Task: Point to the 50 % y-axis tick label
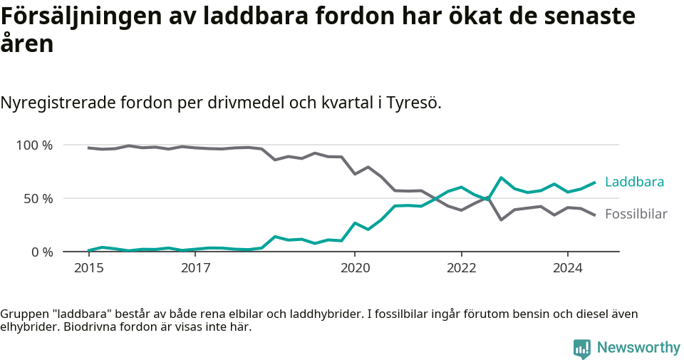click(x=38, y=198)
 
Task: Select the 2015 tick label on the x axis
click(x=88, y=268)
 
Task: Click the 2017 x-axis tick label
click(x=195, y=268)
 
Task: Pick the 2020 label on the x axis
click(x=355, y=268)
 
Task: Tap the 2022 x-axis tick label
click(x=461, y=268)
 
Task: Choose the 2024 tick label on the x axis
click(x=568, y=268)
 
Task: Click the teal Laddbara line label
click(x=634, y=182)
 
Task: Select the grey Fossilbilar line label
click(x=636, y=214)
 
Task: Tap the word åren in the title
click(x=27, y=44)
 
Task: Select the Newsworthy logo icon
click(x=582, y=348)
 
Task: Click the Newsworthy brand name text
click(x=638, y=348)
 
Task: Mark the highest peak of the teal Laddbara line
click(x=502, y=178)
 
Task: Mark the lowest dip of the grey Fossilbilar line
click(x=502, y=220)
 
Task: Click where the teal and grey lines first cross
click(x=435, y=199)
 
